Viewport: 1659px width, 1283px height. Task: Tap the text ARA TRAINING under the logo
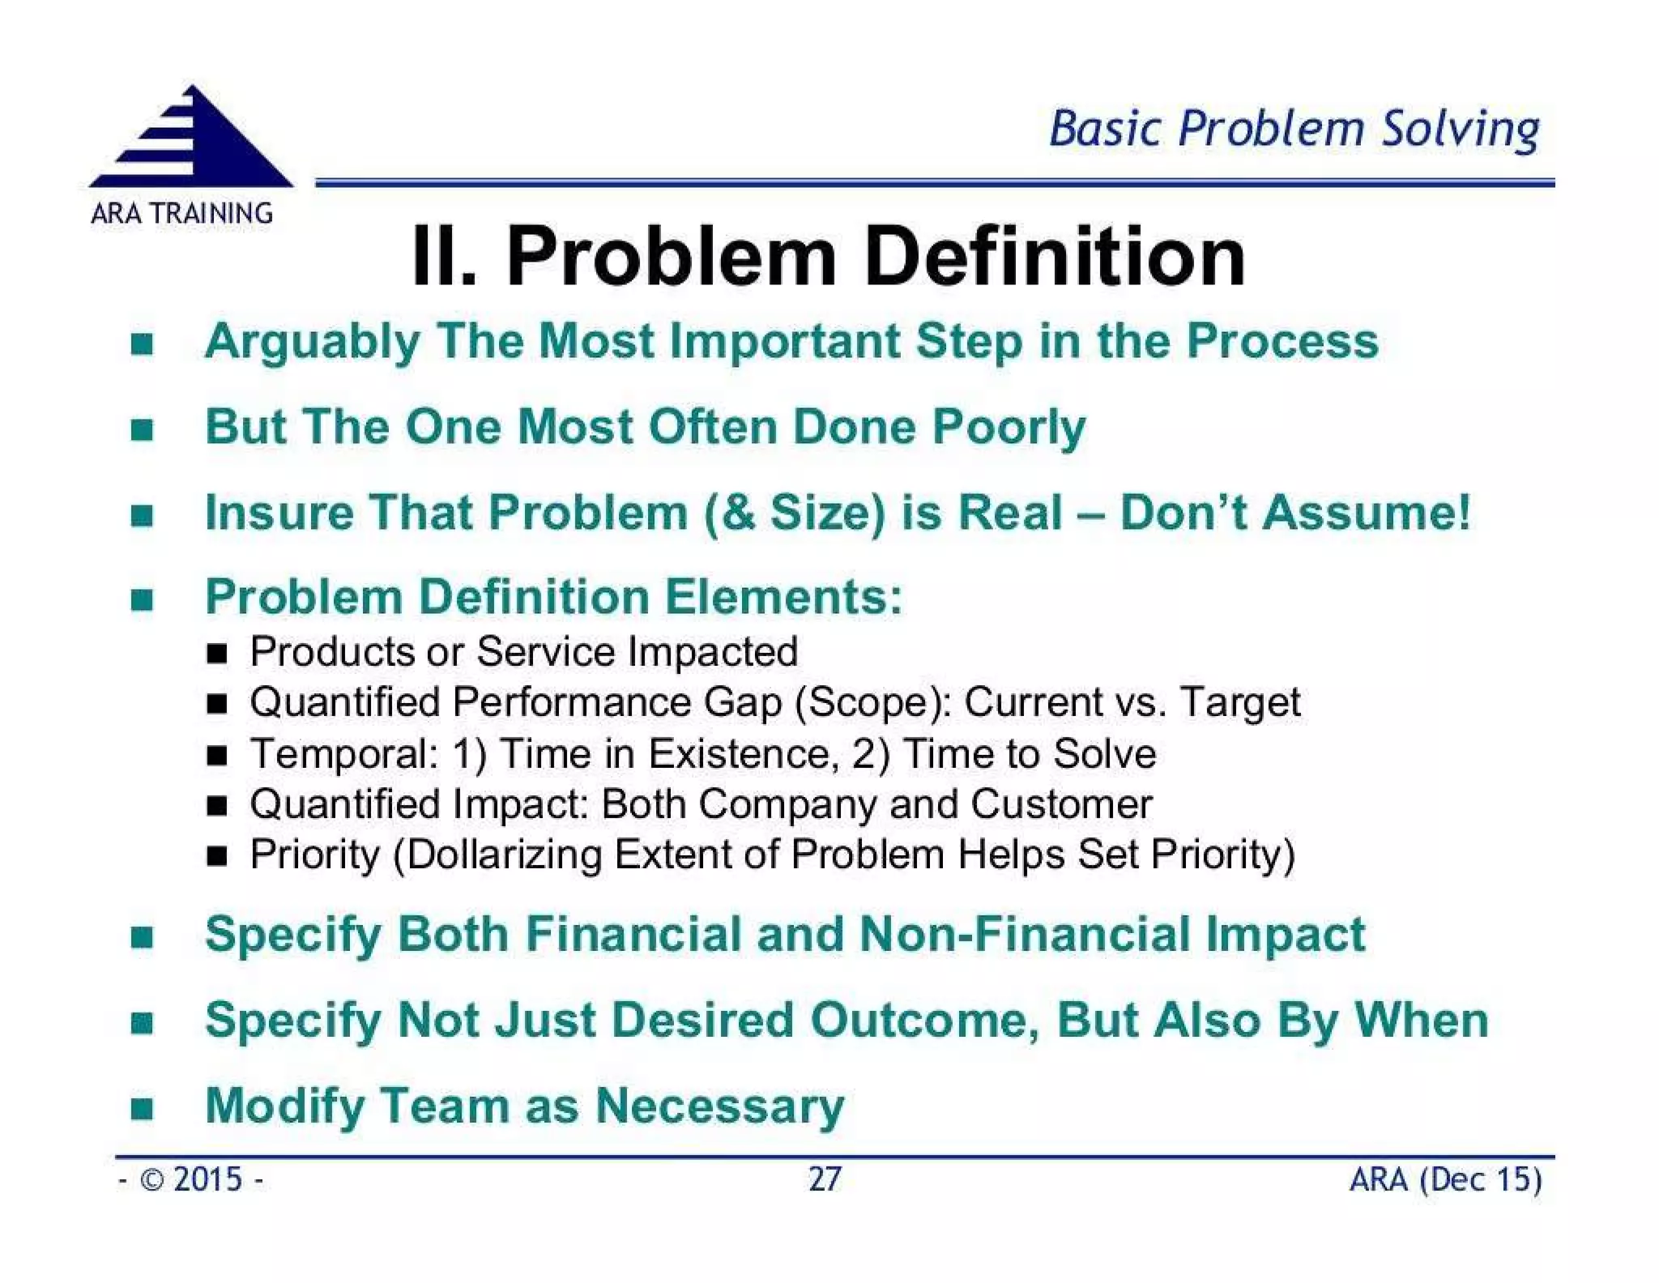pyautogui.click(x=181, y=214)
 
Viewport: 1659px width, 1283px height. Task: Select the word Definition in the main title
pyautogui.click(x=1054, y=258)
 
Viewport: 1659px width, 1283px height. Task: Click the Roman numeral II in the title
pyautogui.click(x=442, y=258)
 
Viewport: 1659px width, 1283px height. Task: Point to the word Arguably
pyautogui.click(x=311, y=342)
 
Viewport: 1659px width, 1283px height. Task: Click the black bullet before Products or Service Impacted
pyautogui.click(x=216, y=653)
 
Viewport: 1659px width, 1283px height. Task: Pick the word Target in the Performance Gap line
pyautogui.click(x=1240, y=702)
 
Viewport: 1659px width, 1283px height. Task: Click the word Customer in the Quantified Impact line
pyautogui.click(x=1061, y=804)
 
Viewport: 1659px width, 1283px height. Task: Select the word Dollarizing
pyautogui.click(x=504, y=855)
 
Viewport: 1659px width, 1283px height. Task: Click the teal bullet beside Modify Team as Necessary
pyautogui.click(x=142, y=1107)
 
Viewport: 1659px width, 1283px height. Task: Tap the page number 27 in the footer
pyautogui.click(x=825, y=1179)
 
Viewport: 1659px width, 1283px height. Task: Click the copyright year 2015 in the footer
pyautogui.click(x=207, y=1179)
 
